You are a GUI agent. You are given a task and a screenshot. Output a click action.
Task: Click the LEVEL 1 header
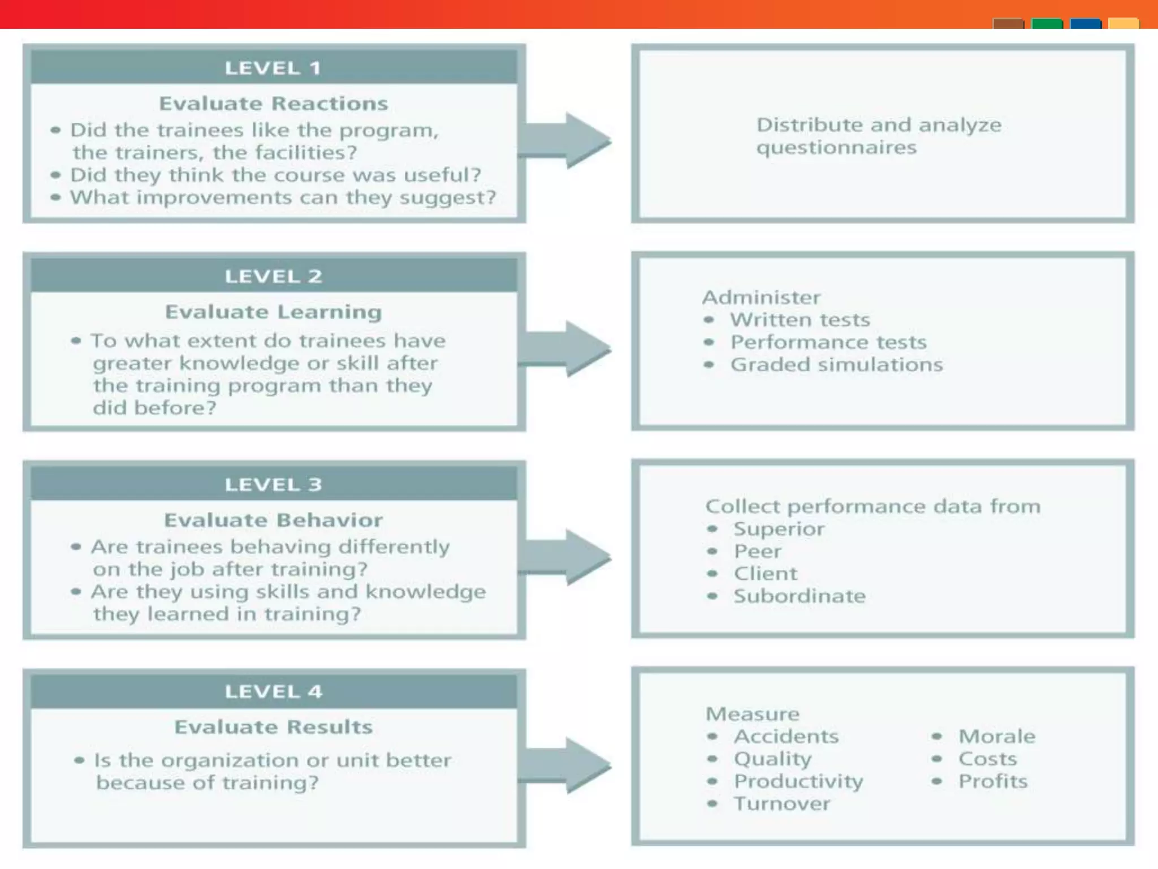coord(273,68)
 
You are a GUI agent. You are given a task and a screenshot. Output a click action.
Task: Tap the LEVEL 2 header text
coord(273,277)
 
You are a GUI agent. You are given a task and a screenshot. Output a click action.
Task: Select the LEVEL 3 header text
coord(273,485)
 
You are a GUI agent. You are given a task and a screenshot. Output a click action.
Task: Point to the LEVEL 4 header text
coord(273,692)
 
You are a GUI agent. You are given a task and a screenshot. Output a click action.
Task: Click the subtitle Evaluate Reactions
coord(273,104)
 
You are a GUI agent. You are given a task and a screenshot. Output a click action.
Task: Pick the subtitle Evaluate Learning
coord(273,312)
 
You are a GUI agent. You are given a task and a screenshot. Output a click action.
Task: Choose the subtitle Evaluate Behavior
coord(273,520)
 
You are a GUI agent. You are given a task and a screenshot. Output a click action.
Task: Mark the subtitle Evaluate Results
coord(273,728)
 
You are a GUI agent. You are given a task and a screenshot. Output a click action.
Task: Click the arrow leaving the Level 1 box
coord(565,140)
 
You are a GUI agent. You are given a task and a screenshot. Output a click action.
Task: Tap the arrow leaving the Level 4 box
coord(565,765)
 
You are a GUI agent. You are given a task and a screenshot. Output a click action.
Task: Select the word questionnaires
coord(836,148)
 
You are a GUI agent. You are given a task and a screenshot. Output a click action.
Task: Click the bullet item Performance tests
coord(828,343)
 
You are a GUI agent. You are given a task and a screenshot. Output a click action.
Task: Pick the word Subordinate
coord(800,596)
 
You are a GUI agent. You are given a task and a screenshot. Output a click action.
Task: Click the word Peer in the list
coord(757,552)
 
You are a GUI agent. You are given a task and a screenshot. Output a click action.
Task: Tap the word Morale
coord(997,737)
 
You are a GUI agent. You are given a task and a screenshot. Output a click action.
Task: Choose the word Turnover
coord(782,804)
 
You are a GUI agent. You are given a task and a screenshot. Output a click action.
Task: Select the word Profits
coord(993,782)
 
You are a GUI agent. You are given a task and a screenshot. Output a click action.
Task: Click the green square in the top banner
coord(1047,24)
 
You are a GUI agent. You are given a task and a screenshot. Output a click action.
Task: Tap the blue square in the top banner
coord(1086,24)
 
